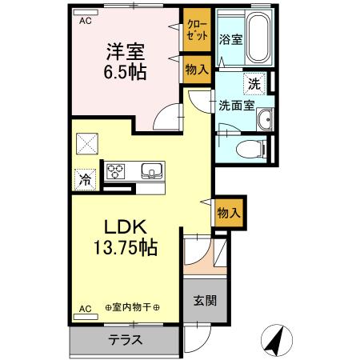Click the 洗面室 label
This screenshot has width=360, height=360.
coord(237,105)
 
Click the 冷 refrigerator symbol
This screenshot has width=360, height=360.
coord(84,180)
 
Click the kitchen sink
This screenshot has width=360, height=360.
coord(151,170)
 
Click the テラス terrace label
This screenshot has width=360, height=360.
coord(126,339)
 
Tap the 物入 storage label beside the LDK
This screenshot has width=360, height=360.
coord(229,214)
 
